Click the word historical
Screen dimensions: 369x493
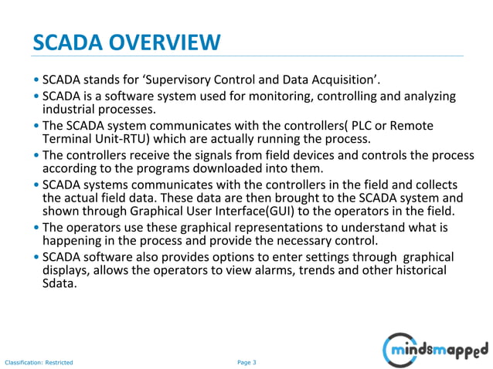pyautogui.click(x=420, y=270)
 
